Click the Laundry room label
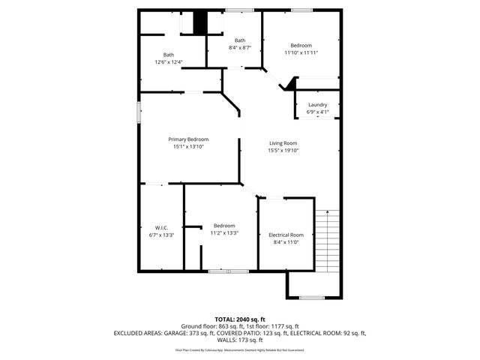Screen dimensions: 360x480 (317, 105)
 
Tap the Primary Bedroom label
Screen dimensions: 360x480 (188, 139)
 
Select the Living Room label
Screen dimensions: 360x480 (283, 143)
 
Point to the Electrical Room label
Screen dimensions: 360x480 (286, 235)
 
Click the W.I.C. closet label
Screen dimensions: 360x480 (162, 227)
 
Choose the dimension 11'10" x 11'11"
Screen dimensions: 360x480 (301, 53)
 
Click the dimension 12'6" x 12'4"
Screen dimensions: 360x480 (169, 62)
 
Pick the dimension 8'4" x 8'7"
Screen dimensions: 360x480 (240, 48)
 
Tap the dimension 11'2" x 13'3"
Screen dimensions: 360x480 (224, 233)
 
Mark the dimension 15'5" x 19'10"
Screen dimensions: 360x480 (283, 151)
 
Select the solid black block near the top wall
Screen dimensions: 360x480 (199, 23)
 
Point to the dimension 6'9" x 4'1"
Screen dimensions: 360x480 (318, 112)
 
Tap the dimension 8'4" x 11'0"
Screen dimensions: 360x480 (286, 242)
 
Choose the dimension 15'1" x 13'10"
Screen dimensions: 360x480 (188, 147)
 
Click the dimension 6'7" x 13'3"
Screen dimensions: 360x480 (162, 235)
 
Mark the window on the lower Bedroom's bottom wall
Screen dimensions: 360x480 (228, 271)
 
